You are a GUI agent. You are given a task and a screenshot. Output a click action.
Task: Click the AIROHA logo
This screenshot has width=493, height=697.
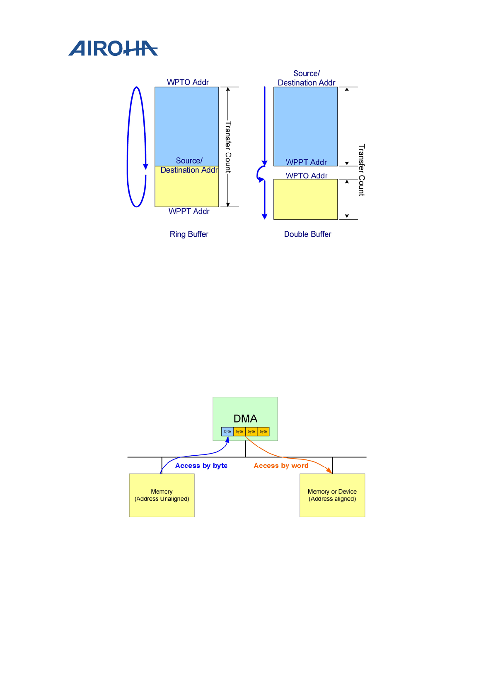point(113,48)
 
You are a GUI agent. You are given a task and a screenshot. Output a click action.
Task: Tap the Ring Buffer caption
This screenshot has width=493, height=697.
point(189,234)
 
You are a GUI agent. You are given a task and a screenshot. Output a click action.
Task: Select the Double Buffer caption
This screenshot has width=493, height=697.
point(307,234)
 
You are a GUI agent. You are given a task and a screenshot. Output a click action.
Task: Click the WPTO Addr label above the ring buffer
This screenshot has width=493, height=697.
point(188,82)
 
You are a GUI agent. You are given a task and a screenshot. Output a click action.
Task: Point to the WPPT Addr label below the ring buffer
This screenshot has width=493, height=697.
point(189,212)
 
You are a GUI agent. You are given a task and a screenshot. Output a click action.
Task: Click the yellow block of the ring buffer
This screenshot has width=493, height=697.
point(186,190)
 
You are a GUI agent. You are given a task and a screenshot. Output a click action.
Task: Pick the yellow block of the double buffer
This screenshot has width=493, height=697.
point(305,199)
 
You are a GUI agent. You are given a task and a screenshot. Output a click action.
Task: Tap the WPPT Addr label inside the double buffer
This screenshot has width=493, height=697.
point(306,162)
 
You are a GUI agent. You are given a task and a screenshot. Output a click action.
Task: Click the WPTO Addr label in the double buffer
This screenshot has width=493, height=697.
point(306,175)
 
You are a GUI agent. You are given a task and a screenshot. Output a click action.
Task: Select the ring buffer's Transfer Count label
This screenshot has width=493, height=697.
point(228,147)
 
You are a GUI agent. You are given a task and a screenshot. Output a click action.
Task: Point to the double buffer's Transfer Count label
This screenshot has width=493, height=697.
point(361,170)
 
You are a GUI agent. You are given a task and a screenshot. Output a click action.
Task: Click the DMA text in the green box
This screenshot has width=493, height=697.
point(245,418)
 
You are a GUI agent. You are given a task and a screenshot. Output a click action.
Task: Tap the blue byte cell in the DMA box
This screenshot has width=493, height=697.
point(227,431)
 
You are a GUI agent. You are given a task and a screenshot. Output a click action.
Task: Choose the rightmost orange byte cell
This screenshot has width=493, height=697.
point(263,431)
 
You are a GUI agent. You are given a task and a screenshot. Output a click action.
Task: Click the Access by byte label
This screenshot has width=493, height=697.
point(201,466)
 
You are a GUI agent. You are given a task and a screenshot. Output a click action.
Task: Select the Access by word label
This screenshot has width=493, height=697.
point(281,466)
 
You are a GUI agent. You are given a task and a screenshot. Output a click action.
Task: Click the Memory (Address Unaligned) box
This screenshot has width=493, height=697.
point(162,495)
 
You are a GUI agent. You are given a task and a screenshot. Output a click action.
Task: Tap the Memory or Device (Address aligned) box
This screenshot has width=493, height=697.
point(332,495)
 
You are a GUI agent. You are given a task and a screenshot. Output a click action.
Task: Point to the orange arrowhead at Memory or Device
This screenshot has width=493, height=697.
point(329,471)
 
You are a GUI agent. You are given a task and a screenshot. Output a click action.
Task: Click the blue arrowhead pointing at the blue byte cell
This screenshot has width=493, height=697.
point(227,440)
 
